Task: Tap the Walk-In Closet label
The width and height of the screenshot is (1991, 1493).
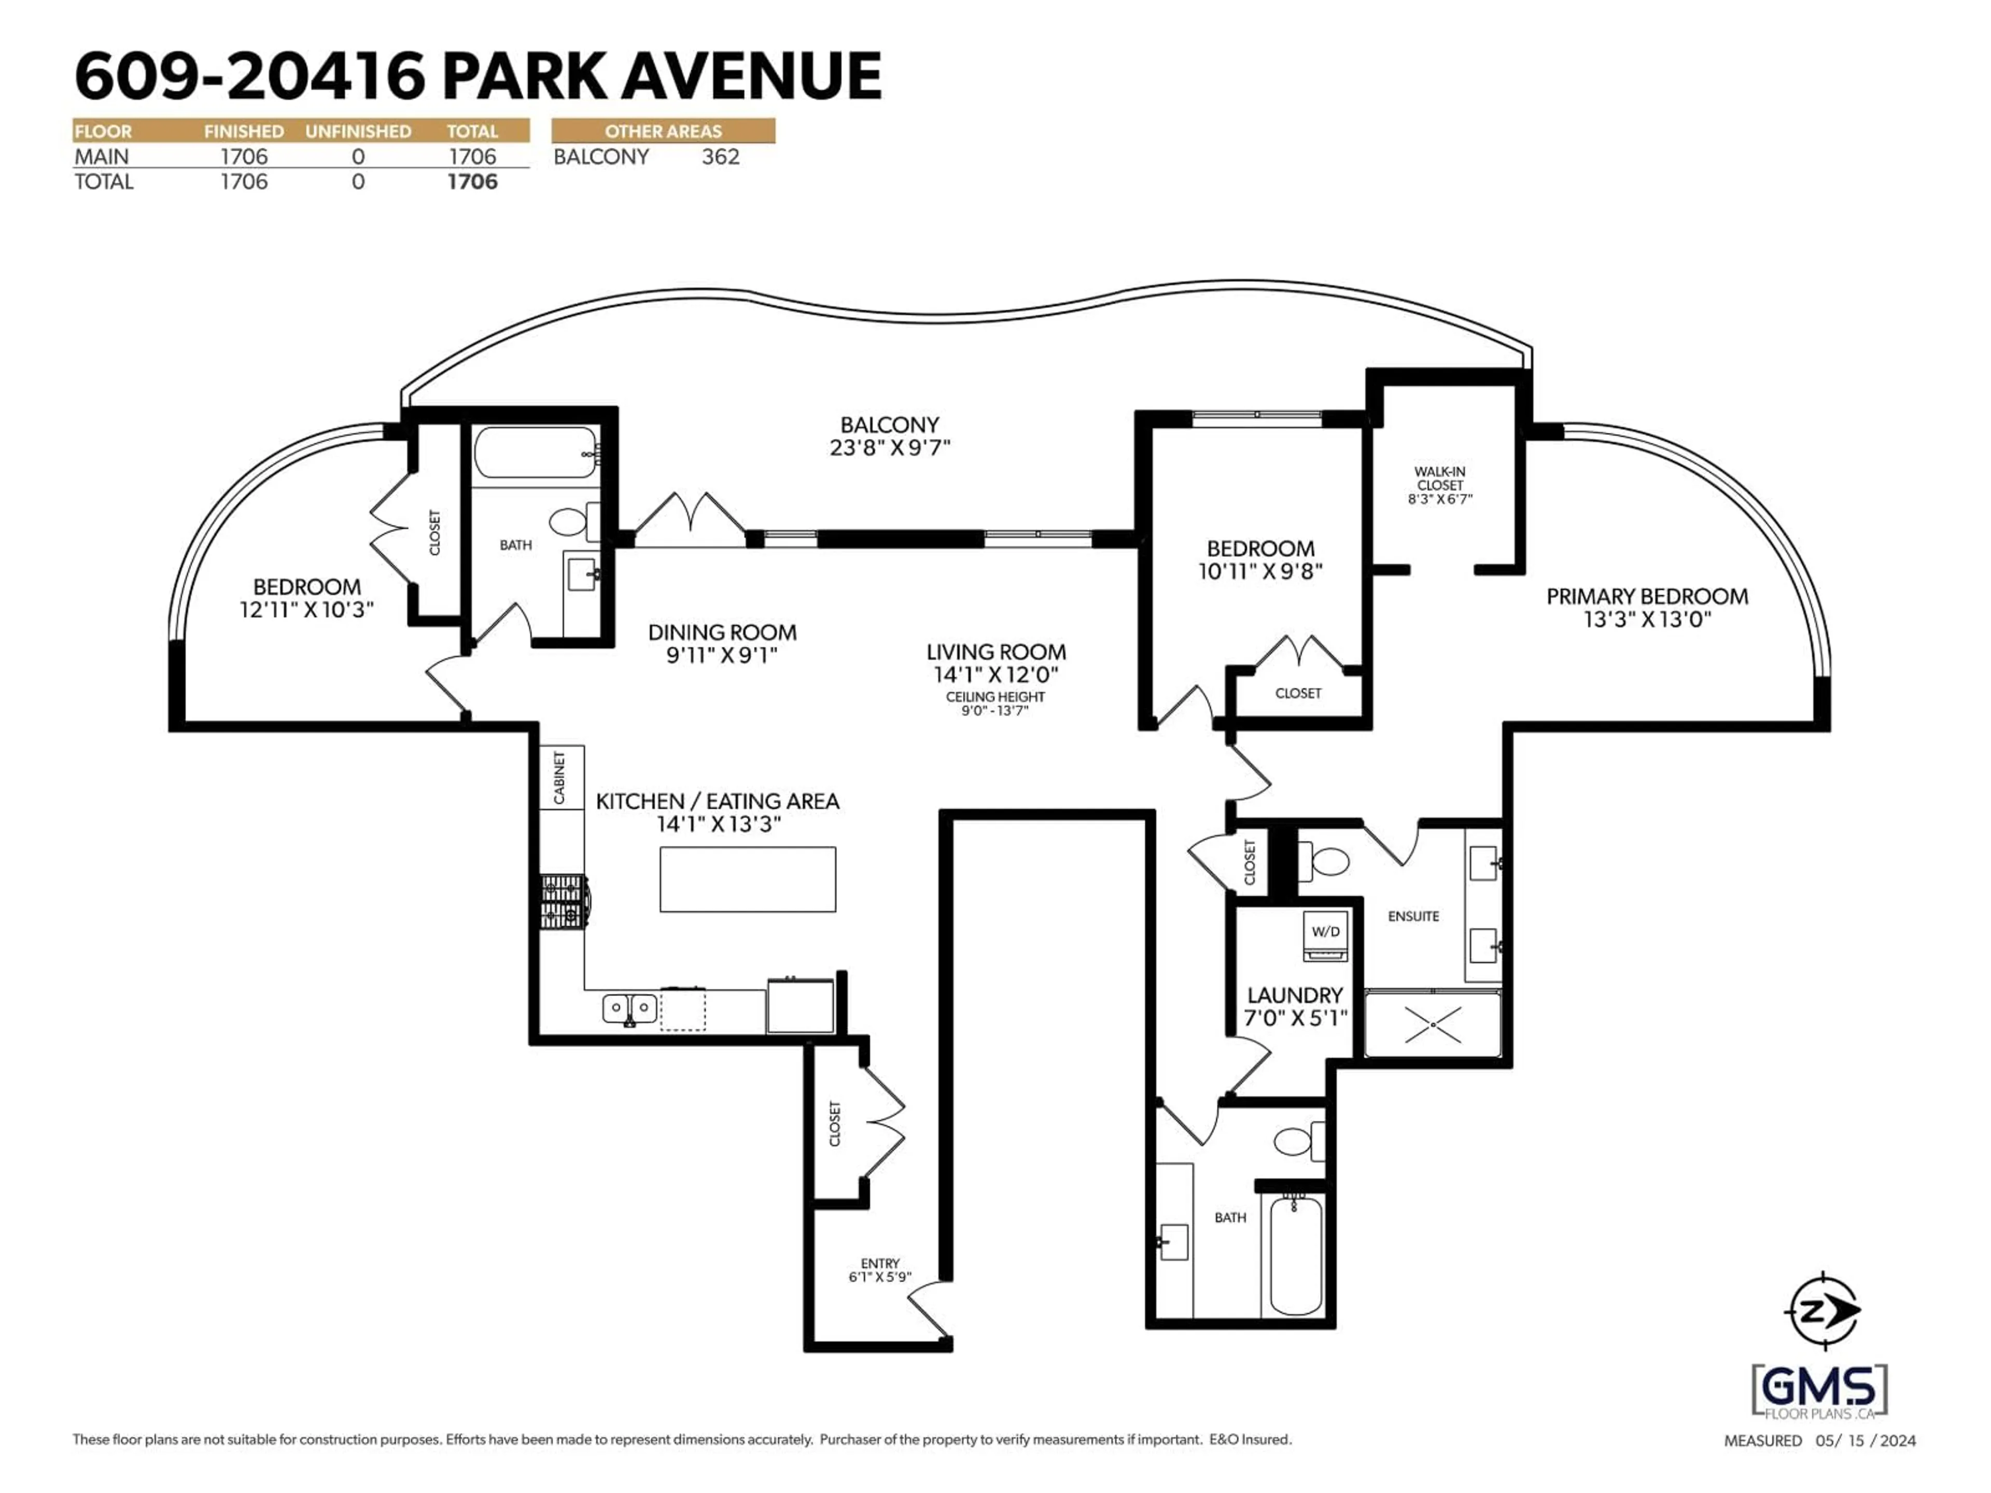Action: pos(1439,484)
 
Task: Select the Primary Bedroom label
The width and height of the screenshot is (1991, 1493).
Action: pos(1646,597)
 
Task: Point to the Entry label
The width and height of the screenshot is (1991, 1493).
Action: pos(879,1263)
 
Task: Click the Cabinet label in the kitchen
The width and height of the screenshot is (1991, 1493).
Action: pos(560,779)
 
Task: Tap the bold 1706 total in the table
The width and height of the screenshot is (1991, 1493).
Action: pos(472,182)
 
